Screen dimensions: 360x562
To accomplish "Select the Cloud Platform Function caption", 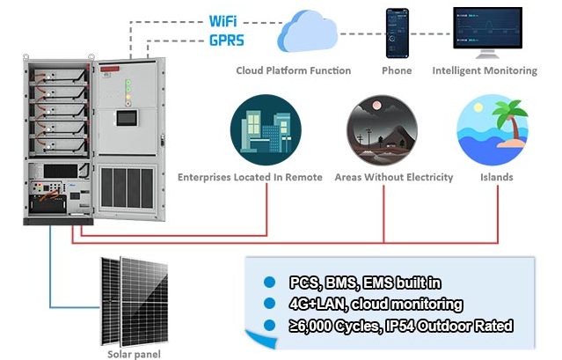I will (293, 70).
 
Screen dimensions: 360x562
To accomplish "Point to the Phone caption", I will (397, 70).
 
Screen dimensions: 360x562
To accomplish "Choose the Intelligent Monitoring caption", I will (485, 70).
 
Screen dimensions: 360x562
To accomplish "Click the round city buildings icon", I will (259, 127).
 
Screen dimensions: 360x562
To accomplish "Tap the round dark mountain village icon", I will (376, 127).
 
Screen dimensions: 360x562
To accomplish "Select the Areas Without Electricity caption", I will (394, 177).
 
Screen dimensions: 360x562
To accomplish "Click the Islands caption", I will (496, 177).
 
